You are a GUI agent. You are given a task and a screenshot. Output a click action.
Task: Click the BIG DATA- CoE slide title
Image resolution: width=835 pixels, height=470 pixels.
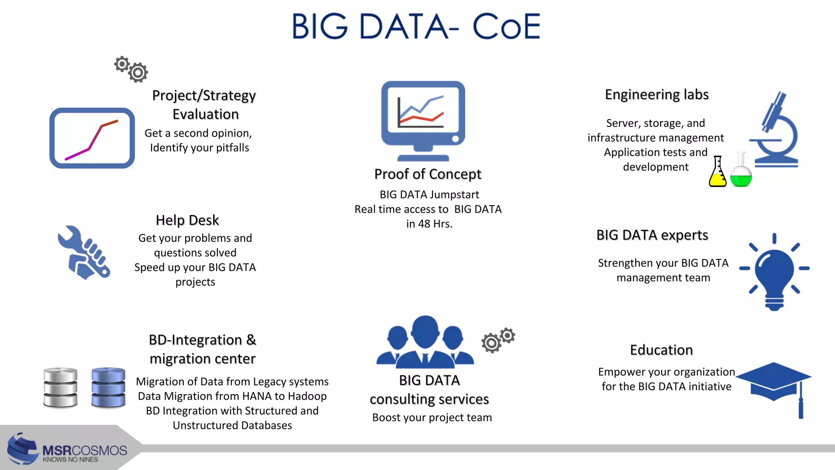(416, 26)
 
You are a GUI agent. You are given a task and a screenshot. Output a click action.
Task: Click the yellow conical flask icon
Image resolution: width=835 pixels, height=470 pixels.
(718, 173)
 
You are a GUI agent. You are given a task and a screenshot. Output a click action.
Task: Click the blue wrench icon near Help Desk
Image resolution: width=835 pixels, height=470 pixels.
(84, 253)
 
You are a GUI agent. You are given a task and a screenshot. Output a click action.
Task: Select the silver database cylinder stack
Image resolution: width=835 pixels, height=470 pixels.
(60, 387)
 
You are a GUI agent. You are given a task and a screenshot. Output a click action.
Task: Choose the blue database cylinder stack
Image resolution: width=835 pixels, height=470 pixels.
(108, 387)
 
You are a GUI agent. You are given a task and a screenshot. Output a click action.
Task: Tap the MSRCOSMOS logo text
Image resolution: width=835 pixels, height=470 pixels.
(84, 450)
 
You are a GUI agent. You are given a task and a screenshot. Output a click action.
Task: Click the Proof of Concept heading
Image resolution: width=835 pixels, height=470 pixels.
(428, 174)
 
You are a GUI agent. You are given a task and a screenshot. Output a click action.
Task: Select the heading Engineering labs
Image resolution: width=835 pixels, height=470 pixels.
(656, 95)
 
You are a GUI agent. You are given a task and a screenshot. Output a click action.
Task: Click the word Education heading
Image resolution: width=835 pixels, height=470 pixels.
(661, 350)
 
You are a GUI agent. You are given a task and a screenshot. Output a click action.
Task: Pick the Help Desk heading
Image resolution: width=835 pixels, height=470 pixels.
(187, 220)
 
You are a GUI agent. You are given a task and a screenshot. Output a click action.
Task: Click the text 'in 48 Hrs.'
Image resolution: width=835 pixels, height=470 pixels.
(429, 224)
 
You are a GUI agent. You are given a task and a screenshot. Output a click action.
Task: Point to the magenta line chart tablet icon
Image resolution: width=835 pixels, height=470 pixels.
(92, 138)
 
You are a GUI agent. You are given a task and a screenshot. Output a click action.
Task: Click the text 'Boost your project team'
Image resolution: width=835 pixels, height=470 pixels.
(432, 418)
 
